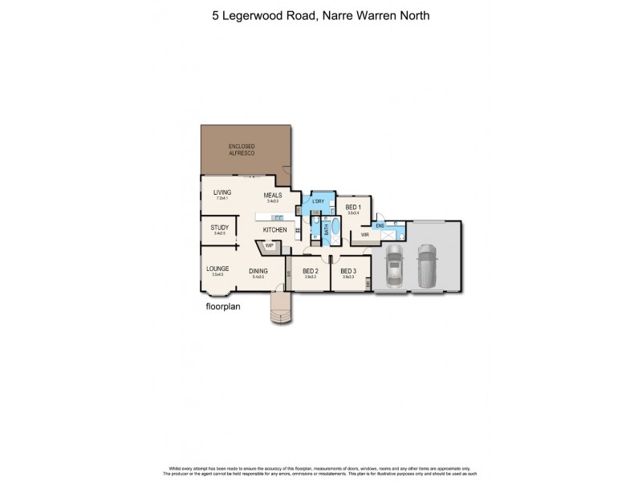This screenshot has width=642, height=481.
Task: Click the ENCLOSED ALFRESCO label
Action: coord(242,149)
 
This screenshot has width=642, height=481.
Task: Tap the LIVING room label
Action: coord(222,192)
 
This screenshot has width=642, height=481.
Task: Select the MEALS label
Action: coord(273,195)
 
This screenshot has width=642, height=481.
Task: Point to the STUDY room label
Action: coord(220,228)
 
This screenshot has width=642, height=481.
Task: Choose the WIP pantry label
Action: coord(270,246)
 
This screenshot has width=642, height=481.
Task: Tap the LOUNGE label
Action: coord(217,269)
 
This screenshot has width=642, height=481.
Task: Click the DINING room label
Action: coord(258,271)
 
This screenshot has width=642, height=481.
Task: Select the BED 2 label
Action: coord(311,271)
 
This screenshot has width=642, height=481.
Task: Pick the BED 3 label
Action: coord(348,271)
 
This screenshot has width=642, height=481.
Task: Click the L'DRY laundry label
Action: coord(318,200)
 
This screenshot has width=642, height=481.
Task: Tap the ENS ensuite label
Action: coord(380,226)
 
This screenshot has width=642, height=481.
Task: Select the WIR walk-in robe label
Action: coord(364,235)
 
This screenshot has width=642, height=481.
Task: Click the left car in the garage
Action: coord(395,266)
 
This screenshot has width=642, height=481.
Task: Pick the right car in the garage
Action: coord(426,264)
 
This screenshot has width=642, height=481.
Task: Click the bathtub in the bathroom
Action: coord(336,233)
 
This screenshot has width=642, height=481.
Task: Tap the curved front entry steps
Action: coord(280,309)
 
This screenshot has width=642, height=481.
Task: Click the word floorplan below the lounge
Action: coord(224,305)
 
